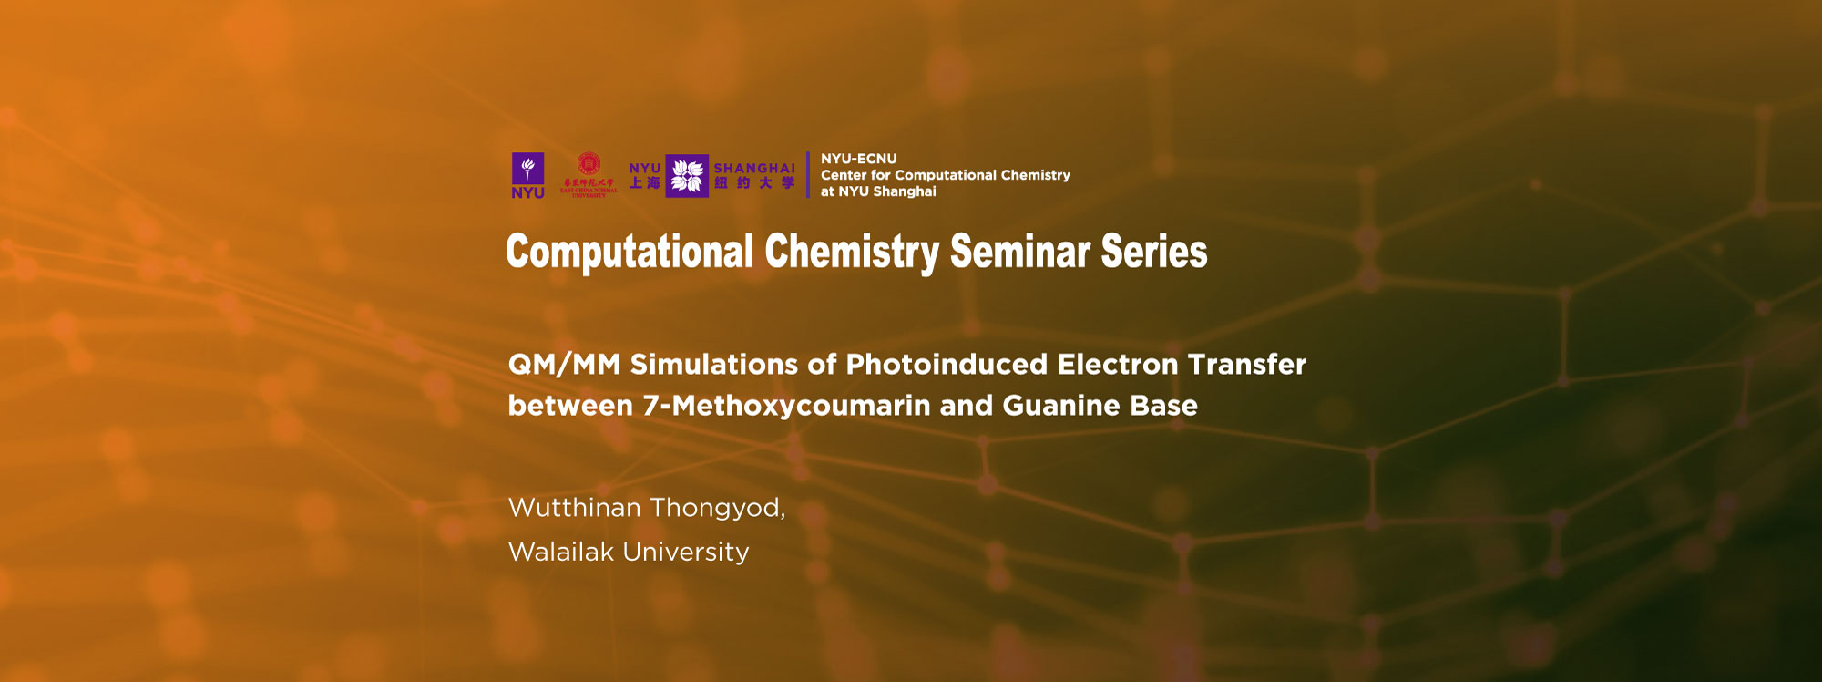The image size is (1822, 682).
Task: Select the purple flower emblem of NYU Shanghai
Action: [x=687, y=176]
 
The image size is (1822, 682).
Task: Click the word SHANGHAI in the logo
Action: [x=753, y=168]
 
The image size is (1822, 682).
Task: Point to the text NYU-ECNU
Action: [x=858, y=159]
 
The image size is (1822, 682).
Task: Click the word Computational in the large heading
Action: [x=630, y=252]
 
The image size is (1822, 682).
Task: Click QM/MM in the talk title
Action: [x=564, y=365]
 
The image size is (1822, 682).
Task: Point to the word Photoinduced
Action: [x=947, y=365]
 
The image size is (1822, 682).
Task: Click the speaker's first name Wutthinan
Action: [x=575, y=508]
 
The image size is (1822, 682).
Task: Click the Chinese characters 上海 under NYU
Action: [x=644, y=183]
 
